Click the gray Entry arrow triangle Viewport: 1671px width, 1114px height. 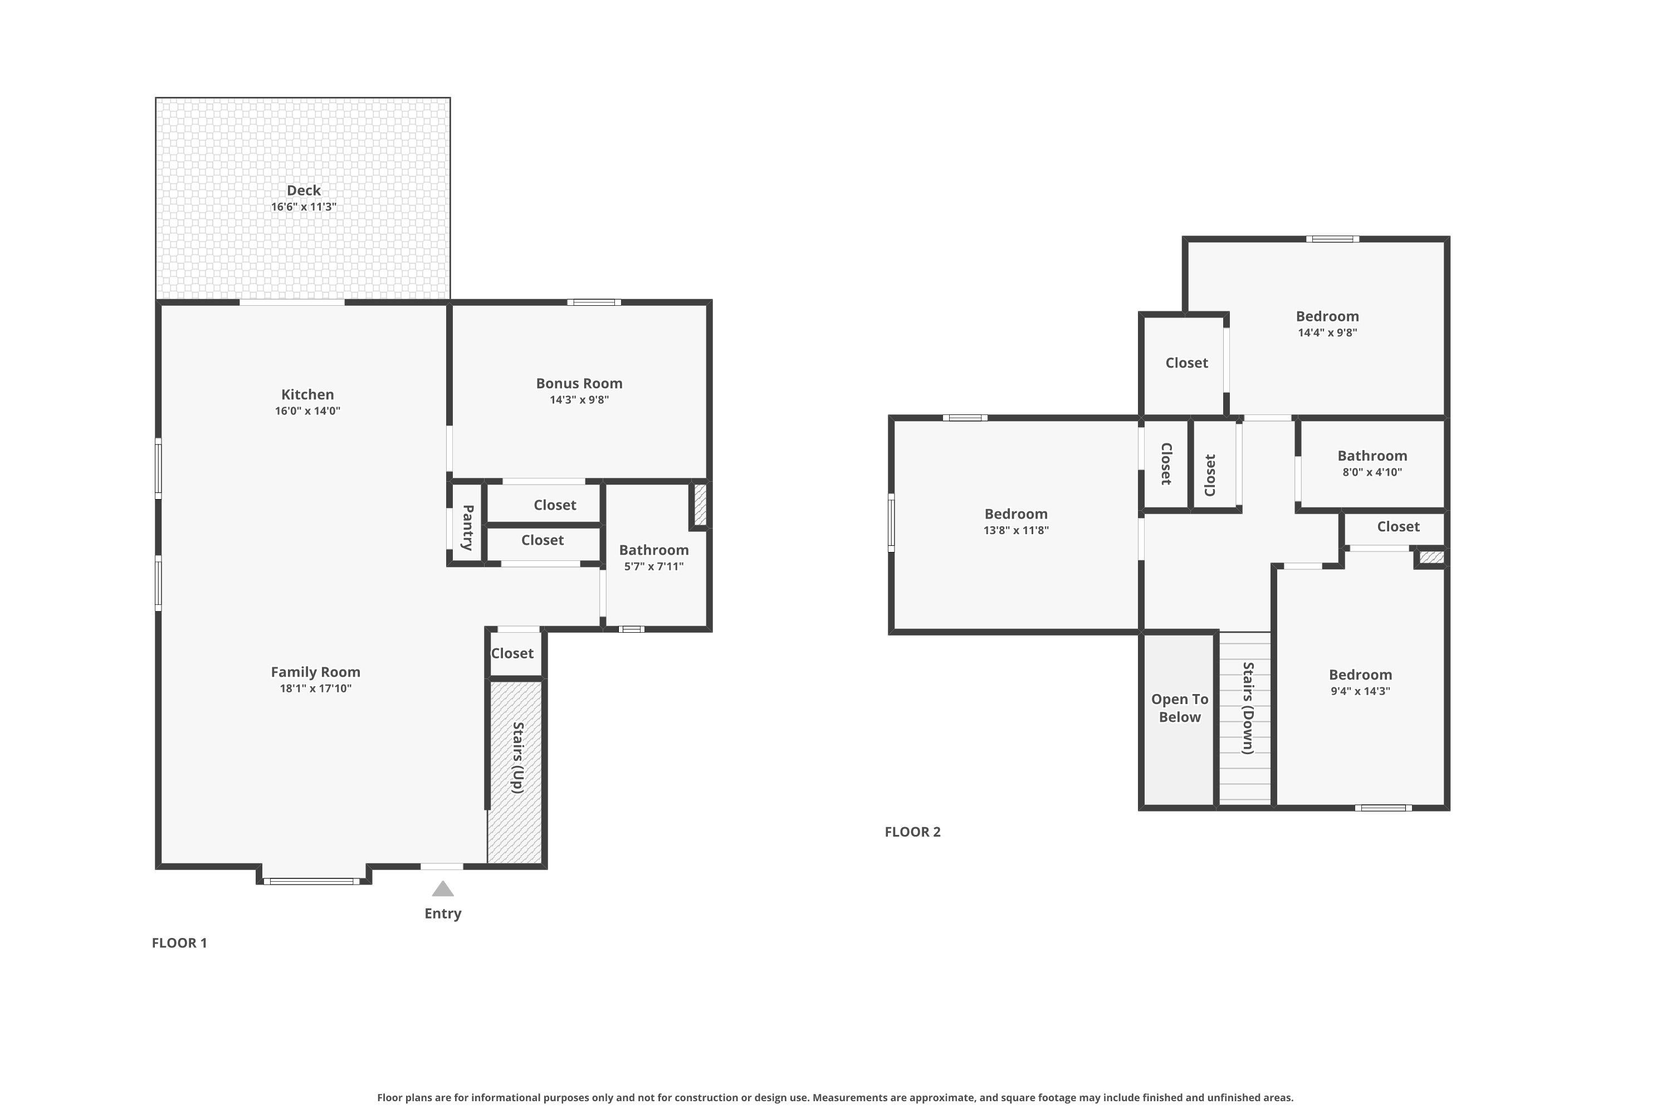point(443,889)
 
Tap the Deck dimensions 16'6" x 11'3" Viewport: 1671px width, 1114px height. point(304,207)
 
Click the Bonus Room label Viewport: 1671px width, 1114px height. point(579,383)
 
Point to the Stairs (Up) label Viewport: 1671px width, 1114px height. point(518,758)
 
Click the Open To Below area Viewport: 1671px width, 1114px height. point(1179,719)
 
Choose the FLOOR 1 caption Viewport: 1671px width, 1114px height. point(179,943)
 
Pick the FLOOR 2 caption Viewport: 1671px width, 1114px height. point(912,832)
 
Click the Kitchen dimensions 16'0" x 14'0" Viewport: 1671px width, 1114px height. point(307,411)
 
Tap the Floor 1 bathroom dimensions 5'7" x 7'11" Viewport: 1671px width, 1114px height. point(653,566)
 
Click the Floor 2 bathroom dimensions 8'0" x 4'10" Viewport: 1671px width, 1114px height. point(1372,472)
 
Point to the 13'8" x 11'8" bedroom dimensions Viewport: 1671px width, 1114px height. point(1016,530)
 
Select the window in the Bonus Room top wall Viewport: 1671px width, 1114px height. point(594,302)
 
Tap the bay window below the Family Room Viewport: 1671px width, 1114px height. point(312,881)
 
